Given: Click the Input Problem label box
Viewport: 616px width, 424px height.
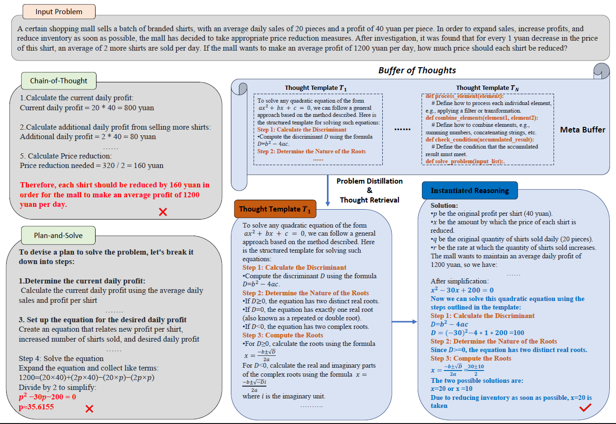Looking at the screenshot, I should coord(59,12).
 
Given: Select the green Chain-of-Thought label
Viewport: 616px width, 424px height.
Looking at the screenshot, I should coord(59,80).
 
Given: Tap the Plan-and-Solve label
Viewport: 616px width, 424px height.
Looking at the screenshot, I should coord(59,235).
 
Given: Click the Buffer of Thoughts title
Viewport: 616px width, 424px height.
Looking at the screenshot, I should coord(417,70).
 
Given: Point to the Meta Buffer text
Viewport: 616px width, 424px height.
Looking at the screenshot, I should coord(582,130).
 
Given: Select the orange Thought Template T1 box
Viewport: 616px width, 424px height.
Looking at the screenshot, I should coord(275,209).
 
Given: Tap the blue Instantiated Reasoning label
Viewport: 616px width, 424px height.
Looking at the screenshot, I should coord(470,191).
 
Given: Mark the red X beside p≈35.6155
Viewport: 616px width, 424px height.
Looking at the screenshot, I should coord(89,409).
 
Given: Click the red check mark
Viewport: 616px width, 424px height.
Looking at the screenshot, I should coord(585,407).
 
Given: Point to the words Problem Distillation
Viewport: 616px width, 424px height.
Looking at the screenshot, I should coord(370,181).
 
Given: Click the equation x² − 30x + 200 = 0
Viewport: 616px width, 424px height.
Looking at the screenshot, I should coord(462,290).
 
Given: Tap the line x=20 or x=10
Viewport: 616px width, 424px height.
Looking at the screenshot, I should coord(452,389).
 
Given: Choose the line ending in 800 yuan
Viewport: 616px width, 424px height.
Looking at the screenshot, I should coord(87,108).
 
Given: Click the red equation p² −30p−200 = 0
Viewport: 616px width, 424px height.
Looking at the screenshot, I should coord(47,397).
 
